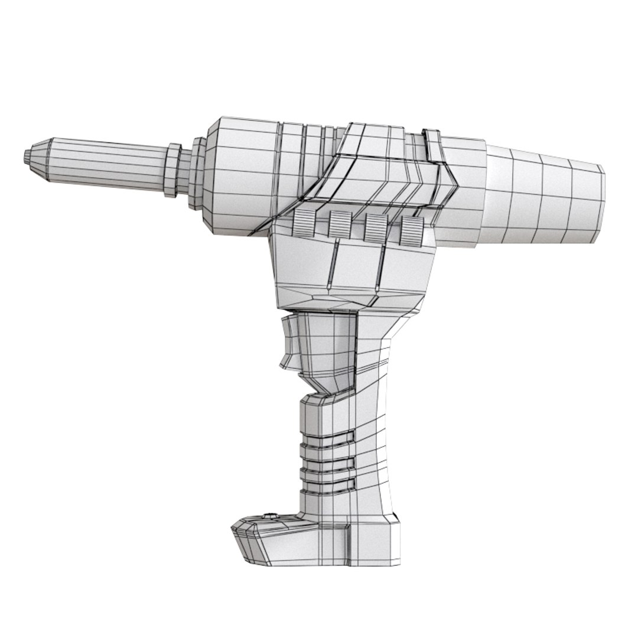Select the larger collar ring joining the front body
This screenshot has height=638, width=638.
point(198,173)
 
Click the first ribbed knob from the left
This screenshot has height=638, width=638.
point(303,223)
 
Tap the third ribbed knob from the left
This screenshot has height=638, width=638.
point(375,227)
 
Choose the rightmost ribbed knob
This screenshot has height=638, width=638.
point(412,230)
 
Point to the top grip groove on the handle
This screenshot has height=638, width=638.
point(331,440)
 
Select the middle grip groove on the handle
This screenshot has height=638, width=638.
point(331,464)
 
